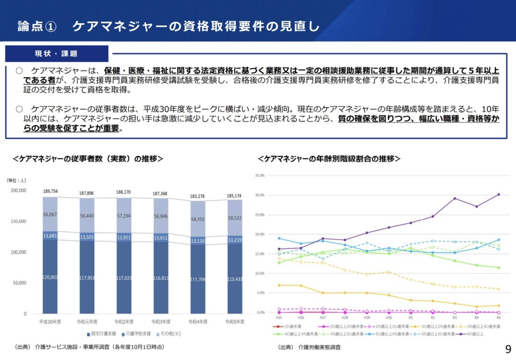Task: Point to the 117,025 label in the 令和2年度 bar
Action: (127, 291)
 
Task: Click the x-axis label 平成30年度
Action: (50, 321)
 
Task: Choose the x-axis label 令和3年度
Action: (164, 321)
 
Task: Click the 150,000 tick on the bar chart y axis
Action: (18, 221)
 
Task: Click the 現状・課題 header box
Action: (56, 53)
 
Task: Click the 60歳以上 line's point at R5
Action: (499, 194)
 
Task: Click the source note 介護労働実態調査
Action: (319, 347)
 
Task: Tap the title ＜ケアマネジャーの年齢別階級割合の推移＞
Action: (329, 158)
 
